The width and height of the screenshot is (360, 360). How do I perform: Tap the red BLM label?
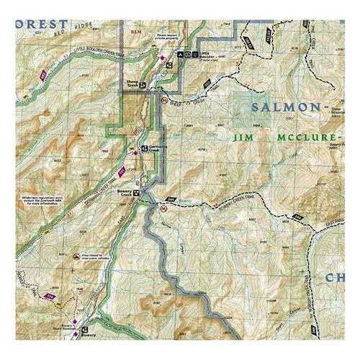click(135, 32)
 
